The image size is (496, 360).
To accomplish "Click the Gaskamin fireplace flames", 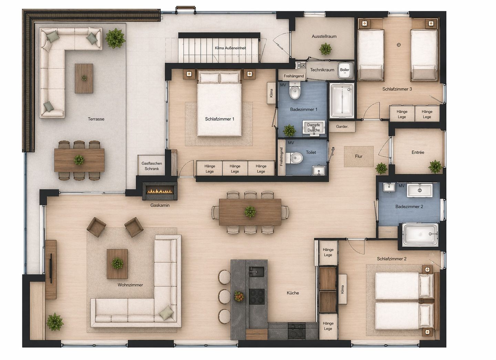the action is point(160,191).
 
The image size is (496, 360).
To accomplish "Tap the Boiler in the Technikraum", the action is point(345,70).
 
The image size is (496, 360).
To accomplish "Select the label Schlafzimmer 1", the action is point(219,119).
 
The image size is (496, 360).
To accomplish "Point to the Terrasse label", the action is point(96,119).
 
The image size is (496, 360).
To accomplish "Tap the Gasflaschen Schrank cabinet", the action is point(152,166).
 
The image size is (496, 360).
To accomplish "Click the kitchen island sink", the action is point(256,272).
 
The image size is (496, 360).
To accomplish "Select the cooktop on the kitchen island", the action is point(257,296).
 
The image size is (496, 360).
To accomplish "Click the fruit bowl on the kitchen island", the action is point(239,296).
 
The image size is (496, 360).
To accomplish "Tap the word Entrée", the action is point(418,152).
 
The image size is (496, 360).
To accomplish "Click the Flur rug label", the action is point(359,157).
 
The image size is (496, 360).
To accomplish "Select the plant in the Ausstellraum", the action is point(325,49).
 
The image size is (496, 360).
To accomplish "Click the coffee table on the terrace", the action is point(84,78).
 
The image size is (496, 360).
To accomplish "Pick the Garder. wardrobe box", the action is point(342,127).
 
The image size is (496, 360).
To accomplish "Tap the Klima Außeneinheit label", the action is point(230,48).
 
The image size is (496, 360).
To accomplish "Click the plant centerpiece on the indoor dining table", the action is point(250,212).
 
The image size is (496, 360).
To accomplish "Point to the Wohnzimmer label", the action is point(130,285).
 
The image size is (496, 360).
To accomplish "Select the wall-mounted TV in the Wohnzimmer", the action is point(51,268).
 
